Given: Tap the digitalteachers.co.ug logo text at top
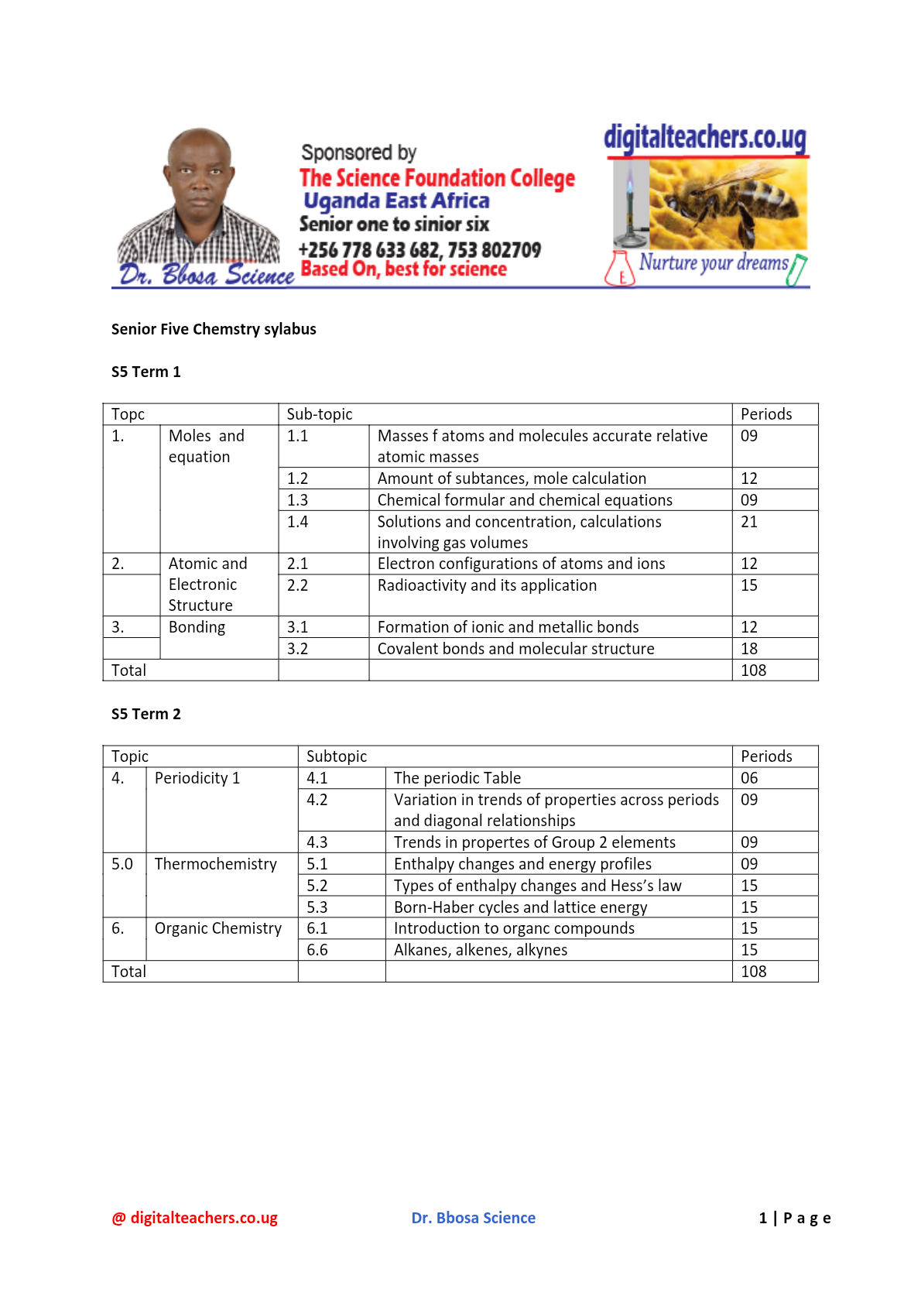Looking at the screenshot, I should [x=704, y=138].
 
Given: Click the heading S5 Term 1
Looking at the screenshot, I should [x=146, y=372].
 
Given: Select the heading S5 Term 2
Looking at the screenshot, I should [x=146, y=714].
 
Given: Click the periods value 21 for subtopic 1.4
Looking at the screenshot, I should [x=749, y=522].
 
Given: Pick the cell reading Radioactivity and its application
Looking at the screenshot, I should [x=487, y=585].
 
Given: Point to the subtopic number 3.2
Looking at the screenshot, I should [x=297, y=649].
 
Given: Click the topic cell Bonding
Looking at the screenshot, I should [x=197, y=627].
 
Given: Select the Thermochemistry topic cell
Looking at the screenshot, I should [x=215, y=864].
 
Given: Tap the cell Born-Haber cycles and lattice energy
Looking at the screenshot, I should [x=520, y=907].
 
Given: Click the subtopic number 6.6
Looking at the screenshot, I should [x=317, y=950].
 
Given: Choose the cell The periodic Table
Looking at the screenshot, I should [x=457, y=778].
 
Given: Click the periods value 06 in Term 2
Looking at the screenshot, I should [x=749, y=778].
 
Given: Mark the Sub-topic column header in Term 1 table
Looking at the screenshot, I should [x=320, y=414].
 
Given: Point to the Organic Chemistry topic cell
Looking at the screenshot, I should [x=217, y=928].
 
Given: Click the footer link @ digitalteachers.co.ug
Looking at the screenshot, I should [x=195, y=1218].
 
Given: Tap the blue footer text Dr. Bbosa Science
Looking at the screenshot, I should [x=473, y=1218].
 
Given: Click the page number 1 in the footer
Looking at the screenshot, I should [x=763, y=1218].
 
